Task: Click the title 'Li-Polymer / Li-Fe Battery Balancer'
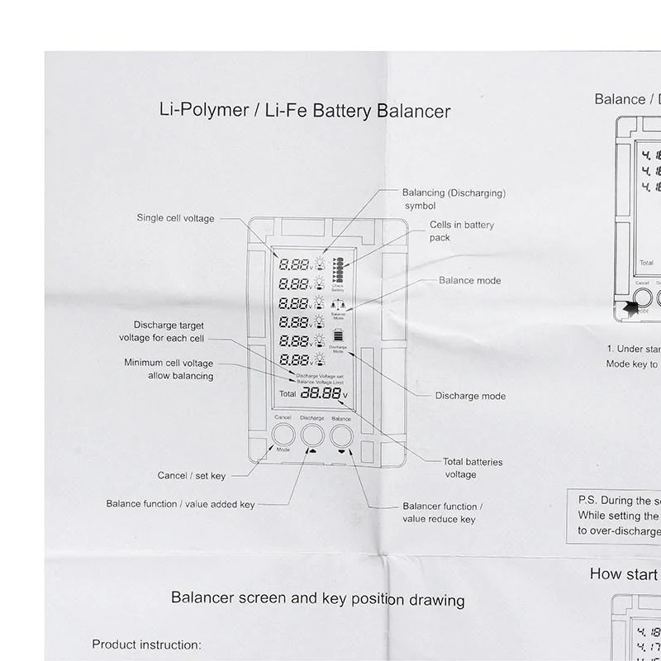click(304, 111)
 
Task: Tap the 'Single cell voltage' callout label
click(175, 218)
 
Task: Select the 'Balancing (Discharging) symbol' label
click(453, 198)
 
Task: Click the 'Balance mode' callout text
click(469, 281)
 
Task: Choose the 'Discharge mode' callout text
click(469, 397)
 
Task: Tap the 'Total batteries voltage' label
click(472, 468)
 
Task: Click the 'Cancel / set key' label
click(191, 476)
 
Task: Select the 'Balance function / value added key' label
click(180, 504)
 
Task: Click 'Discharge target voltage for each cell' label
click(169, 332)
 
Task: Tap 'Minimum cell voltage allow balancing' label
click(169, 369)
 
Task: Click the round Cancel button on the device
click(283, 435)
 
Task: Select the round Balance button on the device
click(341, 435)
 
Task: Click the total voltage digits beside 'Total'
click(320, 394)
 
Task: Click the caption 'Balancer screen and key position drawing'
click(316, 599)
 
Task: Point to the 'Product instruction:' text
click(146, 644)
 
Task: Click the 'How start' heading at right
click(624, 574)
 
